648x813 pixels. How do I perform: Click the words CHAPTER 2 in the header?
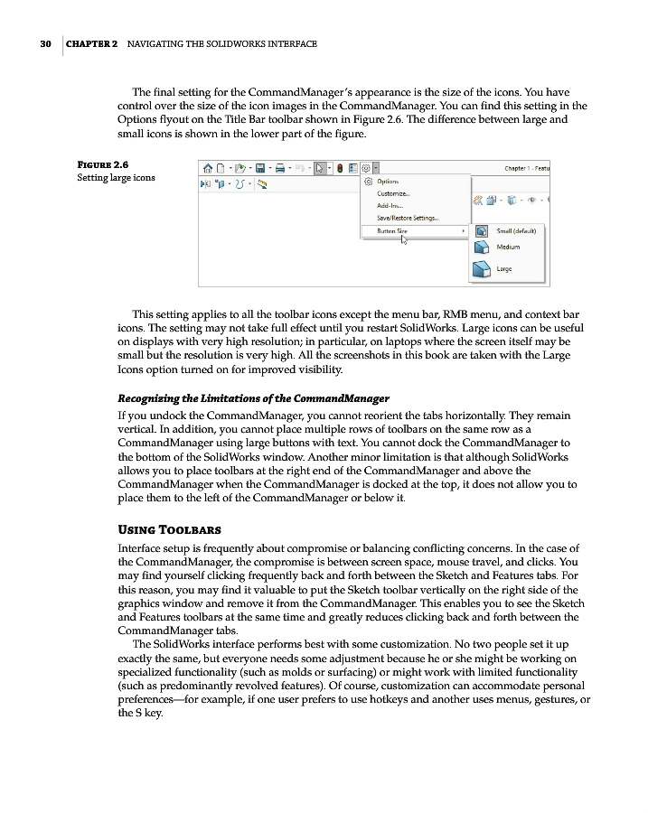pyautogui.click(x=92, y=44)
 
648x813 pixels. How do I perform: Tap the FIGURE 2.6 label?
pyautogui.click(x=101, y=164)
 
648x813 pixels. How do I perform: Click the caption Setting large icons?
pyautogui.click(x=116, y=177)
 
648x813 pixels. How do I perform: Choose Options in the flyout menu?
pyautogui.click(x=388, y=182)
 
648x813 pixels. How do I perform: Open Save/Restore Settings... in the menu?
pyautogui.click(x=407, y=218)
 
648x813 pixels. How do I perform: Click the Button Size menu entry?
pyautogui.click(x=392, y=231)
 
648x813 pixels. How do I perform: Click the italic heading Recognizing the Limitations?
pyautogui.click(x=254, y=398)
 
